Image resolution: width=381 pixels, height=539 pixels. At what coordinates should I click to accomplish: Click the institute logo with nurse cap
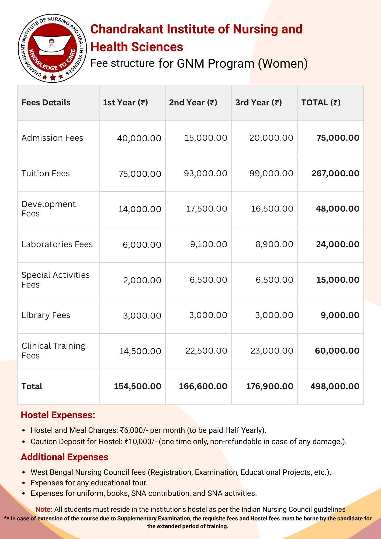(52, 48)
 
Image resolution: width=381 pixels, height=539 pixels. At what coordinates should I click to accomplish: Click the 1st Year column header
(125, 103)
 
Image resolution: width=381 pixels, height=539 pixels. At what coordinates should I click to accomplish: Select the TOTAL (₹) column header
(321, 103)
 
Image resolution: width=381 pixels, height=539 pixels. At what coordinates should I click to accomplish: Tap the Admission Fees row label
(52, 138)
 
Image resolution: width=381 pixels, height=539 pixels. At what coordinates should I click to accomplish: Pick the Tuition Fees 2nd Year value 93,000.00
(205, 174)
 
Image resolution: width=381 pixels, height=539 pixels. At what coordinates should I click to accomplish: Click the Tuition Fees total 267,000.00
(335, 174)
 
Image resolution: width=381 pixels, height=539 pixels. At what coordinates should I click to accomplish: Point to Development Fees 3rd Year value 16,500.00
(272, 209)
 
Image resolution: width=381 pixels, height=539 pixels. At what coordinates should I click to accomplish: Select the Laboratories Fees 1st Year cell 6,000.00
(142, 245)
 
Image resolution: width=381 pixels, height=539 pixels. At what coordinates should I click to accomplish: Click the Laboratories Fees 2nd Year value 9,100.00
(209, 244)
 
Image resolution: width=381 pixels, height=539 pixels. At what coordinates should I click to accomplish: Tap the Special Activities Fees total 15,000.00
(338, 280)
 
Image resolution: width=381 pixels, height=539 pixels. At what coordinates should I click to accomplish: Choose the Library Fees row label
(46, 315)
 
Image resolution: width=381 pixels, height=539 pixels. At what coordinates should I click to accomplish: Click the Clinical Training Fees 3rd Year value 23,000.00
(272, 351)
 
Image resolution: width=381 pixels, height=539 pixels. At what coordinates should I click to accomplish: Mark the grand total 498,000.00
(335, 386)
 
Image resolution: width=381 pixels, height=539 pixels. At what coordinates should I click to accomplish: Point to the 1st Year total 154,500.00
(137, 386)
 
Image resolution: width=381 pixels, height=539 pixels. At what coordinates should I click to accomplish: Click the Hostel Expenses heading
(58, 415)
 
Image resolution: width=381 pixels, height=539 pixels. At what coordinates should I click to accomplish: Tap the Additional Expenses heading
(65, 457)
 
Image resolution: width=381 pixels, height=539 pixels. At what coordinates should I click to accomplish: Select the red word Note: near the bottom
(44, 510)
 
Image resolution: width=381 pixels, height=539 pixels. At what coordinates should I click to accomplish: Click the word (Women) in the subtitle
(283, 64)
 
